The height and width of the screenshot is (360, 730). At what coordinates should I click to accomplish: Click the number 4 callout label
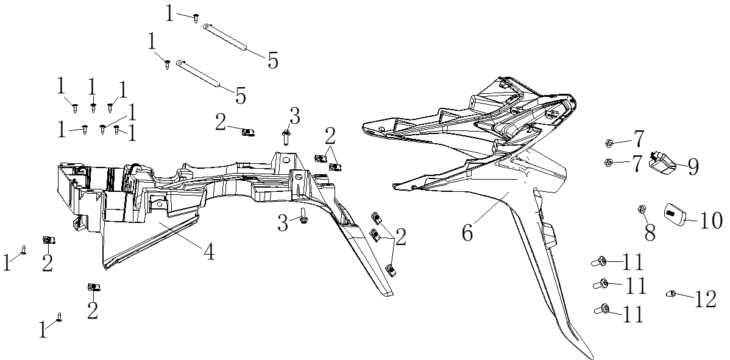tap(209, 252)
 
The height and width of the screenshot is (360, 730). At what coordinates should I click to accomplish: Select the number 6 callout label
tap(467, 232)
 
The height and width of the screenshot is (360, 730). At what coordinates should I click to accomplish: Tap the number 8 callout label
tap(650, 233)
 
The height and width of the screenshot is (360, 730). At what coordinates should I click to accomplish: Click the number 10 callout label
tap(711, 221)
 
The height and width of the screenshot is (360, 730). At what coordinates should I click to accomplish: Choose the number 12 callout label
tap(705, 300)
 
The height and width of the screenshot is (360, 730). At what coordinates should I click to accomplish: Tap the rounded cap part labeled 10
tap(674, 214)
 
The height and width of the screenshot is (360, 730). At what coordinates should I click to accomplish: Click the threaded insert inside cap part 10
tap(671, 213)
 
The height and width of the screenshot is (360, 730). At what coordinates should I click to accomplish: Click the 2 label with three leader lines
tap(400, 237)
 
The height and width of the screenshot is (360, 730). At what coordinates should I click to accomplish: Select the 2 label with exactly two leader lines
tap(330, 137)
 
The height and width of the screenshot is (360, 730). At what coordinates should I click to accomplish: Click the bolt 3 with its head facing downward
tap(303, 216)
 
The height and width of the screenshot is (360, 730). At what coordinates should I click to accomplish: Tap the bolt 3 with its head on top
tap(285, 137)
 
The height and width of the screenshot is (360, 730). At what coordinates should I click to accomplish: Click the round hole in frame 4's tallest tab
tap(286, 160)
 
